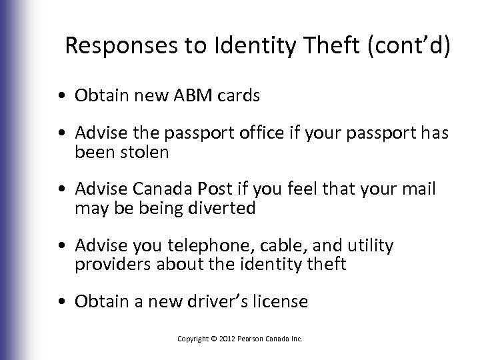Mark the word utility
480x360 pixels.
[x=369, y=247]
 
